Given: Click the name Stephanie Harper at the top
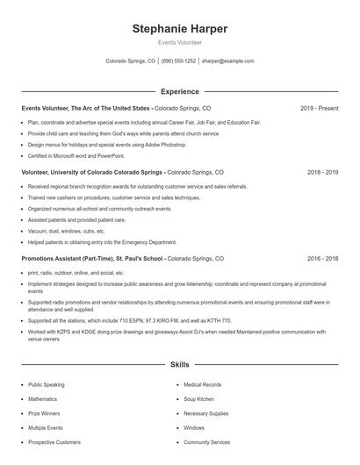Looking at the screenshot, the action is click(x=179, y=29).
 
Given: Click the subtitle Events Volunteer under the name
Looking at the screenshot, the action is click(x=179, y=43).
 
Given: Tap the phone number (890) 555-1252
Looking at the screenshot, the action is click(x=178, y=61).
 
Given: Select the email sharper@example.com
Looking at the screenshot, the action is click(x=227, y=61).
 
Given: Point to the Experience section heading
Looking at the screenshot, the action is click(x=179, y=91).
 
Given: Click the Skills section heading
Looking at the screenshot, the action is click(x=179, y=363).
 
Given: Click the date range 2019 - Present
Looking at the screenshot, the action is click(x=319, y=108).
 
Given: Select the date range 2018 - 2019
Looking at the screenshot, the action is click(x=322, y=173).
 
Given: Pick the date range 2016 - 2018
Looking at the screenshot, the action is click(x=322, y=259).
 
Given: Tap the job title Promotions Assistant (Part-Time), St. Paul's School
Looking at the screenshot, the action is click(x=92, y=259).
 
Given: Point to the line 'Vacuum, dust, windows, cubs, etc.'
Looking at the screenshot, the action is click(x=66, y=231).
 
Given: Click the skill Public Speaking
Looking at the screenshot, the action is click(x=47, y=384).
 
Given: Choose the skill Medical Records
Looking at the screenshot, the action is click(x=203, y=384).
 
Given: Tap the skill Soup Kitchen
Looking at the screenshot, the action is click(x=199, y=398).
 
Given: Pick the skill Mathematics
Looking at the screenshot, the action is click(x=43, y=398).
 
